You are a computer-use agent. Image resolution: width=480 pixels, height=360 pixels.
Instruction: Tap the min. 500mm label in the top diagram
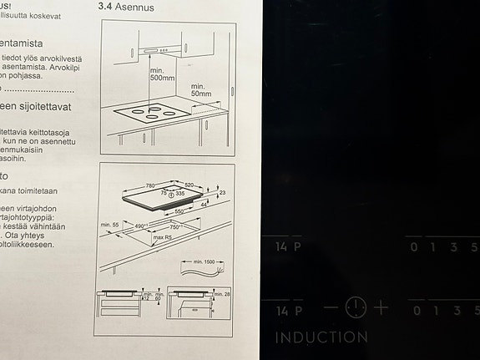(x=164, y=75)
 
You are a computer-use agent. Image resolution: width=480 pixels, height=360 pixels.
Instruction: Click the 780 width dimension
(x=150, y=185)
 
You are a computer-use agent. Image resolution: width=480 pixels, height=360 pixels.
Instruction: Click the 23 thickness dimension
(x=221, y=194)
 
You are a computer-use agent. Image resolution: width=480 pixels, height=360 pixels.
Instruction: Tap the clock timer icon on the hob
(x=356, y=307)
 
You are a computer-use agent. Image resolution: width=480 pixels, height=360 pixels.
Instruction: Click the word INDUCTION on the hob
(x=321, y=338)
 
